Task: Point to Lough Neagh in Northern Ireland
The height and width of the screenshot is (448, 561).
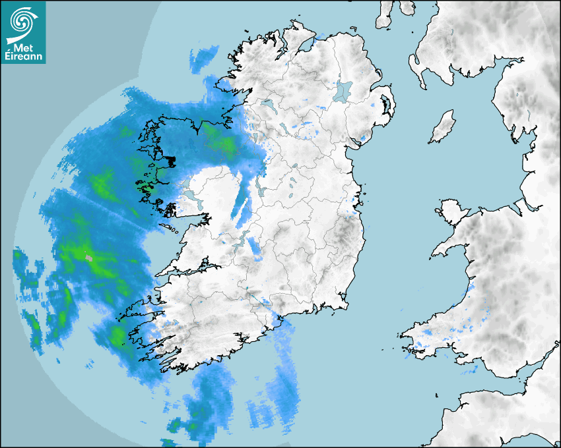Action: (x=343, y=90)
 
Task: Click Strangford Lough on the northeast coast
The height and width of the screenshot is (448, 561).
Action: (x=385, y=105)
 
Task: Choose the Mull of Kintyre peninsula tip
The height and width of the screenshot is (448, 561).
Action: (x=383, y=24)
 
